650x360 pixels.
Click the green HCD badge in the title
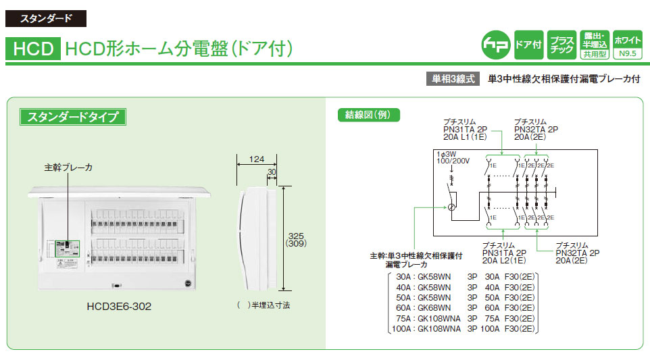pos(33,49)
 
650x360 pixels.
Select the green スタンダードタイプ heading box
pos(72,116)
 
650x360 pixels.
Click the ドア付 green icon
pos(528,45)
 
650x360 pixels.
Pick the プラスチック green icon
pos(561,45)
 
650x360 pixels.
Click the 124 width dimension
pos(256,160)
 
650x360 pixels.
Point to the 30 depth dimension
pos(272,173)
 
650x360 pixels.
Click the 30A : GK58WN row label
pos(420,277)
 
